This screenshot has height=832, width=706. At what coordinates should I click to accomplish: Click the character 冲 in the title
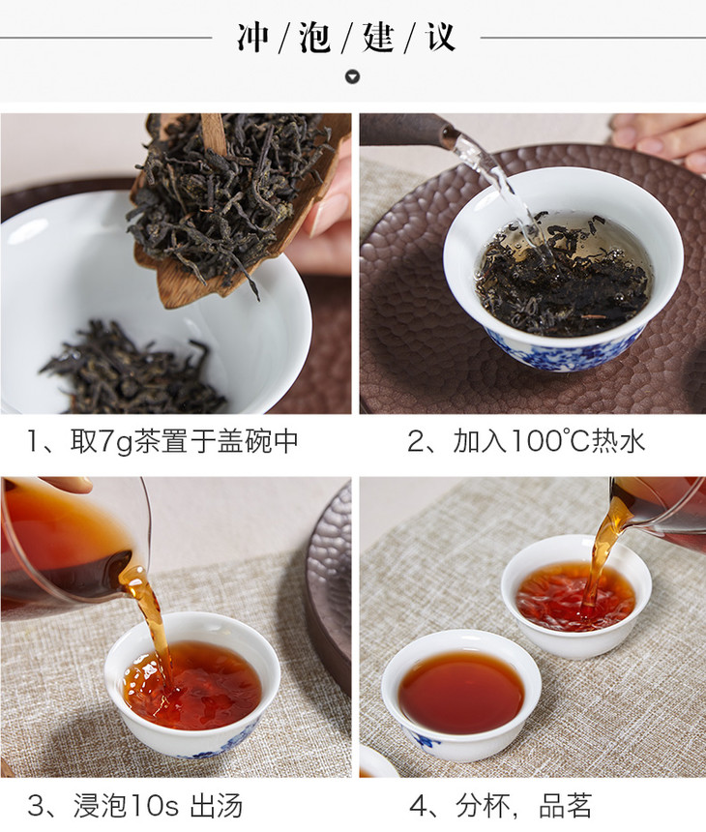coord(253,38)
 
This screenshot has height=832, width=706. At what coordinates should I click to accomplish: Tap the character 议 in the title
coord(439,38)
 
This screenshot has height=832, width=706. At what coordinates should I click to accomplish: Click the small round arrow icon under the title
coord(352,77)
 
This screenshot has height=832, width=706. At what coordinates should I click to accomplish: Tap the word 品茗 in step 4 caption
coord(565,806)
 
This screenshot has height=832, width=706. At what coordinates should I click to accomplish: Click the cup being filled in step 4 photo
coord(576,597)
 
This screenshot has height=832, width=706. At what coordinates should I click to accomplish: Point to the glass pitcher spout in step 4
coord(616,518)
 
